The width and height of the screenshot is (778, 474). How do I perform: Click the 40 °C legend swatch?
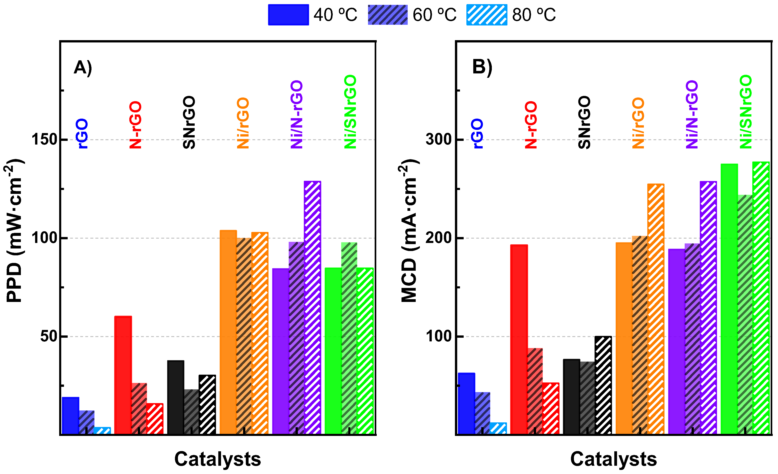pos(288,14)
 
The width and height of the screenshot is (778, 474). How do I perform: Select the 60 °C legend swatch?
pos(388,14)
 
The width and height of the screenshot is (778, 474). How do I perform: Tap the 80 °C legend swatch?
pos(487,14)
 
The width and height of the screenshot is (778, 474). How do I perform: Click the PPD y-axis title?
pos(14,231)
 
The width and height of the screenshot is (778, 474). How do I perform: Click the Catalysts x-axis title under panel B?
pos(613,459)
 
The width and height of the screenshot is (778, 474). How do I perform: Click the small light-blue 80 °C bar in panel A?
pos(102,430)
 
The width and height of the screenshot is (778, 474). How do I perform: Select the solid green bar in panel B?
pos(729,299)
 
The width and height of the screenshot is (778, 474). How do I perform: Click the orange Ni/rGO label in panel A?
pos(243,123)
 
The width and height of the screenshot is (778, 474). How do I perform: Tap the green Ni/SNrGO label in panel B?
pos(746,112)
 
